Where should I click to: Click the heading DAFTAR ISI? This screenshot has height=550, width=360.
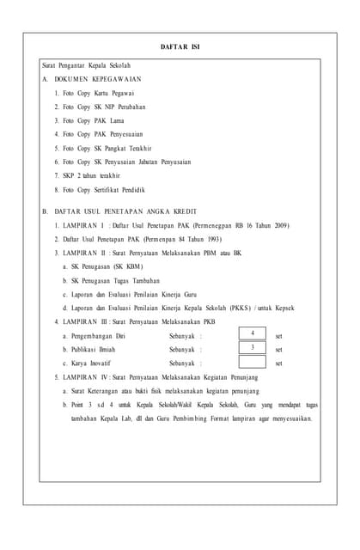180,46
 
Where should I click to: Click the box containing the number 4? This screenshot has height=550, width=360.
253,333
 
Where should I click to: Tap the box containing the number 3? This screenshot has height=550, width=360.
253,348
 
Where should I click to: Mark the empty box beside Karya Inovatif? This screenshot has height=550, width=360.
253,363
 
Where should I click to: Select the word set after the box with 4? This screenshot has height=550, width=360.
278,336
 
